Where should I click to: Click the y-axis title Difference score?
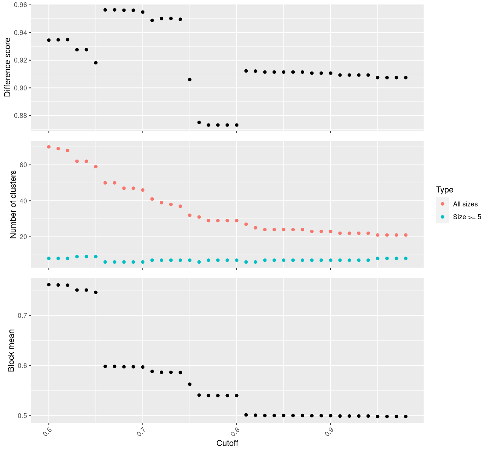[x=8, y=68]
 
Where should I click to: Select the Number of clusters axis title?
[x=14, y=205]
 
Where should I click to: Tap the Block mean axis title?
[x=11, y=350]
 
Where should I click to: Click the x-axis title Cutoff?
[x=227, y=443]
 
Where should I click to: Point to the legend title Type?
[x=445, y=190]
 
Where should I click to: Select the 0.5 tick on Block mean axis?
[x=23, y=416]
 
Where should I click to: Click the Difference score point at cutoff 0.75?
[x=190, y=79]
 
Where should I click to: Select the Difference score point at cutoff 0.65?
[x=96, y=63]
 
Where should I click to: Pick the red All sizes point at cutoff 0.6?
[x=49, y=147]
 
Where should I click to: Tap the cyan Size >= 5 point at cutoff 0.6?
[x=49, y=258]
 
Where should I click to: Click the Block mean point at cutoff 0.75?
[x=190, y=384]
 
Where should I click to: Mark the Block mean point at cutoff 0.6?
[x=49, y=285]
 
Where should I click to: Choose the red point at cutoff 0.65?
[x=96, y=166]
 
